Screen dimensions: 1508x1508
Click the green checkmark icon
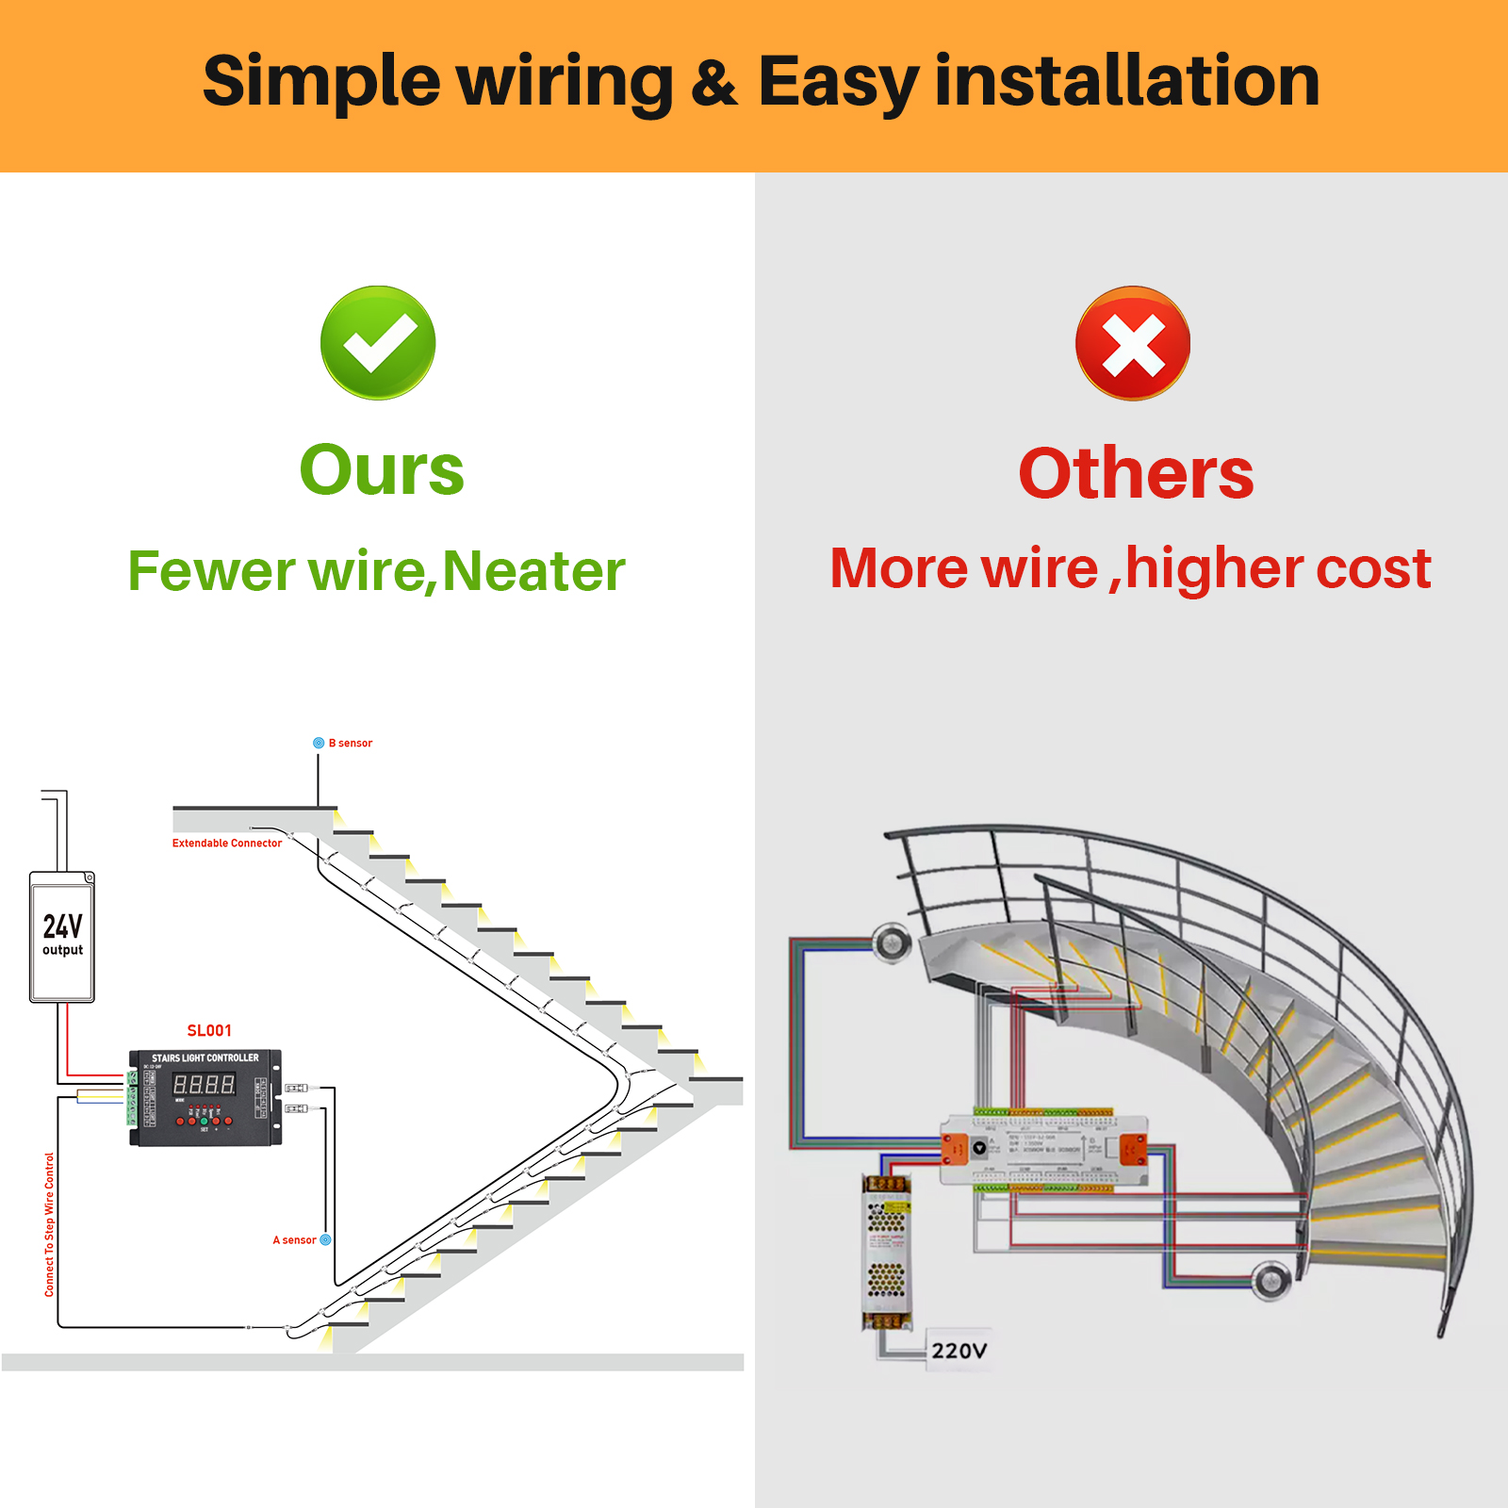(378, 343)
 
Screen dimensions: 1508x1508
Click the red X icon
(1133, 344)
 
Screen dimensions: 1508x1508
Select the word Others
(1136, 473)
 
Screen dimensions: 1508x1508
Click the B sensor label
(350, 743)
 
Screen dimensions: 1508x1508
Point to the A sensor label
(295, 1240)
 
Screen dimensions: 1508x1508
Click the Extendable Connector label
(226, 844)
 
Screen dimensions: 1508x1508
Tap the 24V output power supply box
(62, 937)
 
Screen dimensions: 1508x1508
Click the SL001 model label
(209, 1031)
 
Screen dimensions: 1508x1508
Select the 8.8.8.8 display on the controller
(204, 1086)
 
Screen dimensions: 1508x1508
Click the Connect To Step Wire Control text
(50, 1224)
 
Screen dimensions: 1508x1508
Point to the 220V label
(959, 1351)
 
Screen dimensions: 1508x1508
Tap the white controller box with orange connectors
(1044, 1150)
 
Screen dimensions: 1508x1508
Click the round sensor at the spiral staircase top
(891, 942)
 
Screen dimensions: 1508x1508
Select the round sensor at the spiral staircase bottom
(1271, 1280)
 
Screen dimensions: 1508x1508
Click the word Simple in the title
(320, 81)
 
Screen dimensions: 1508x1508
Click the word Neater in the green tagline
(533, 571)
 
